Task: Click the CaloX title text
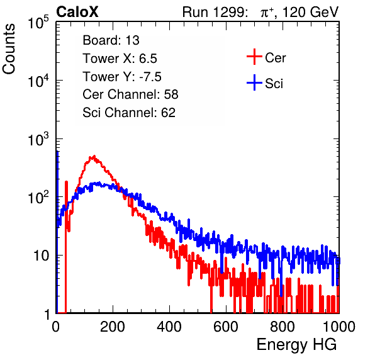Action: [77, 12]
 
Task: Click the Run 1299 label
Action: [215, 12]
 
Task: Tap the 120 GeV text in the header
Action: [311, 12]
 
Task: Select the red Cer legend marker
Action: [254, 57]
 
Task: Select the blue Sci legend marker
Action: [254, 83]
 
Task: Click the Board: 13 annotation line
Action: [111, 40]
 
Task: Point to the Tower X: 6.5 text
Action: [120, 59]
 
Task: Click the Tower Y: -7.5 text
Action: [122, 77]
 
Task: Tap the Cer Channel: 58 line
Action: [130, 94]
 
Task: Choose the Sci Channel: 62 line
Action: [129, 113]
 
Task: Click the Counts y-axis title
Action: [9, 49]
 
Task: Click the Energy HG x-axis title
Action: [296, 345]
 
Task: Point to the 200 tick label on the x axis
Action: [113, 327]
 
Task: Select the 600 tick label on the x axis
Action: [226, 327]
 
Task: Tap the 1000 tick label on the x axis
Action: [339, 327]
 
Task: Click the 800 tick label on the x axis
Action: [283, 327]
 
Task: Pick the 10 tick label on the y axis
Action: [42, 256]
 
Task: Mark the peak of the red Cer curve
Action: [94, 157]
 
